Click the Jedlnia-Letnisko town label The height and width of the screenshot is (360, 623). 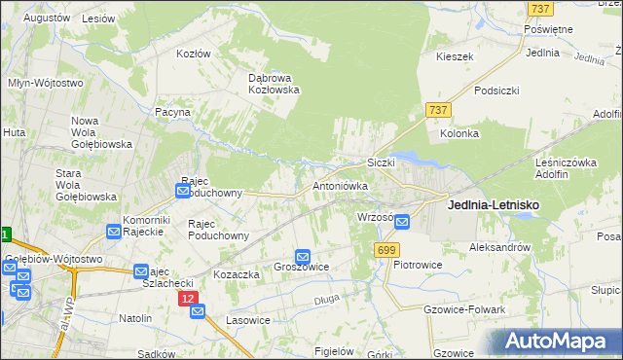493,205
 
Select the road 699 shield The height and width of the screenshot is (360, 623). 385,250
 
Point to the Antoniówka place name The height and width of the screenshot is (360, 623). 340,184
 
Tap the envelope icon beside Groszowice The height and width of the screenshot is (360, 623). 303,256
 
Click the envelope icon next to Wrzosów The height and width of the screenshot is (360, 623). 402,222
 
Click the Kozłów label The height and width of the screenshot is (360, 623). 193,54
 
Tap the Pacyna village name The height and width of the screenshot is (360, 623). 171,113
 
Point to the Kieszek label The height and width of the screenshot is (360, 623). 455,56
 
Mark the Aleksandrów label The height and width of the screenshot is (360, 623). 499,247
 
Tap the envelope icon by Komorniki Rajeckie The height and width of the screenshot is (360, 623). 113,232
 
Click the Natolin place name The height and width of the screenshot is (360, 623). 135,318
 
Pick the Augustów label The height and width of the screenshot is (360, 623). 47,18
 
